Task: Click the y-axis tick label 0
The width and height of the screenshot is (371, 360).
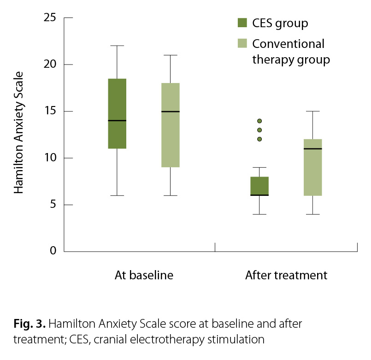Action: [x=53, y=251]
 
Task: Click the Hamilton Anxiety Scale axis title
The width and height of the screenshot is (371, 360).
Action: [x=18, y=133]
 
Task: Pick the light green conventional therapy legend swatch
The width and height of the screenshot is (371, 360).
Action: [x=242, y=44]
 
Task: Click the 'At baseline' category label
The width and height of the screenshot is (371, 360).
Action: [x=144, y=276]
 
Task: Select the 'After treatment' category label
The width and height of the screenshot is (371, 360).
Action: [x=286, y=276]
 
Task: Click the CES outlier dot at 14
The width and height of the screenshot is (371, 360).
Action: [x=259, y=121]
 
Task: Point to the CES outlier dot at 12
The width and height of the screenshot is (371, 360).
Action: [x=259, y=139]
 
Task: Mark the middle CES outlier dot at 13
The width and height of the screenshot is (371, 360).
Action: [x=259, y=130]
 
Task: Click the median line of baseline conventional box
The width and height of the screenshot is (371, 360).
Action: [x=170, y=112]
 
